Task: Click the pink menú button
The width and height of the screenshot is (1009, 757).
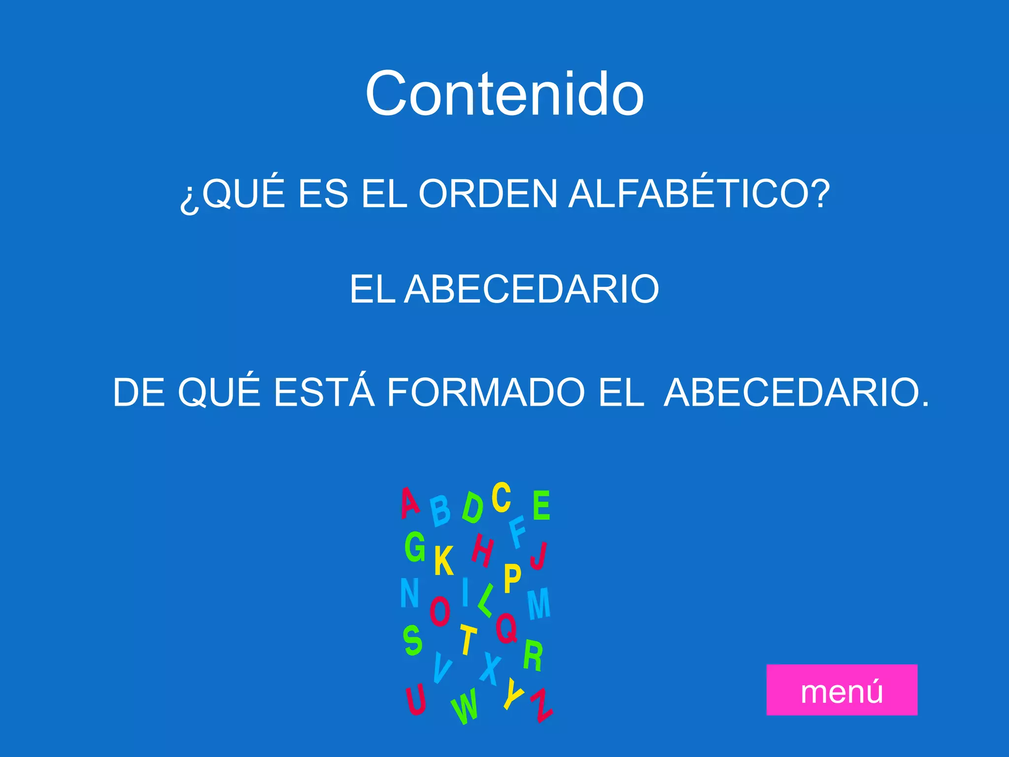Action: [x=841, y=689]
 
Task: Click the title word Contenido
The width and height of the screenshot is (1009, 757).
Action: [x=504, y=94]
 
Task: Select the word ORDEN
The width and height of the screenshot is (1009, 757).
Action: [x=487, y=194]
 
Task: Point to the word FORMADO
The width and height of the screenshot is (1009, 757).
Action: [x=486, y=392]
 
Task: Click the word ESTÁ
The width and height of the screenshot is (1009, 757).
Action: [x=324, y=392]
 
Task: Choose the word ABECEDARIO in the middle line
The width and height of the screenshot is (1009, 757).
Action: [x=532, y=289]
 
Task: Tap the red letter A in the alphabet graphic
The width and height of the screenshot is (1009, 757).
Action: [x=409, y=503]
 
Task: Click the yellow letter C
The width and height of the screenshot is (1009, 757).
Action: [x=501, y=497]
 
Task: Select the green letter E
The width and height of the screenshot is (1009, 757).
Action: [x=541, y=505]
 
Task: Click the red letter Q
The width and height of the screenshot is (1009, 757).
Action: [x=506, y=627]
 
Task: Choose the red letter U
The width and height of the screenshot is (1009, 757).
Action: [x=416, y=699]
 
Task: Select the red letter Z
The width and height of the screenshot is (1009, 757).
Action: [x=542, y=705]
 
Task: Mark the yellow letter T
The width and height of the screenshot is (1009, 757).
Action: [x=468, y=639]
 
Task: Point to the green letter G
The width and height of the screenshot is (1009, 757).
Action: [x=415, y=547]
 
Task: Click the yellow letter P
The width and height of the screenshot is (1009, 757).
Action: [x=512, y=579]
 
